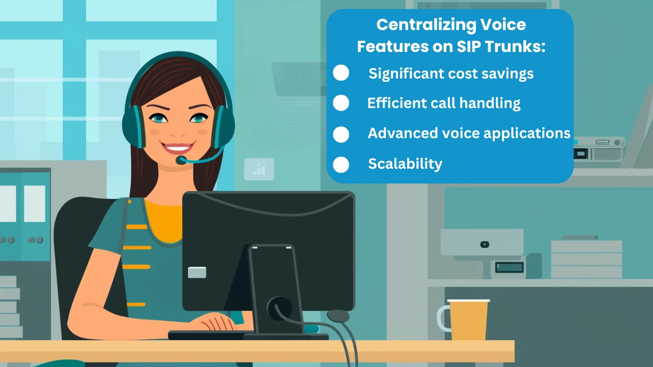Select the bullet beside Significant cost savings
[341, 72]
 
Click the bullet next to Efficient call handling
[341, 102]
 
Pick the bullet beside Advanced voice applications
[341, 134]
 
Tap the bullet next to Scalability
[341, 165]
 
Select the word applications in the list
[527, 134]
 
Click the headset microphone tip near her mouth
[181, 160]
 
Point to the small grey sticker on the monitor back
[197, 272]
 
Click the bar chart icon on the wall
[259, 169]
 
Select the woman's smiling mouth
[178, 148]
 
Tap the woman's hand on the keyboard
[214, 322]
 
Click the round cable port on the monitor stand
[279, 308]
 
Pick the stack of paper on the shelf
[586, 258]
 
